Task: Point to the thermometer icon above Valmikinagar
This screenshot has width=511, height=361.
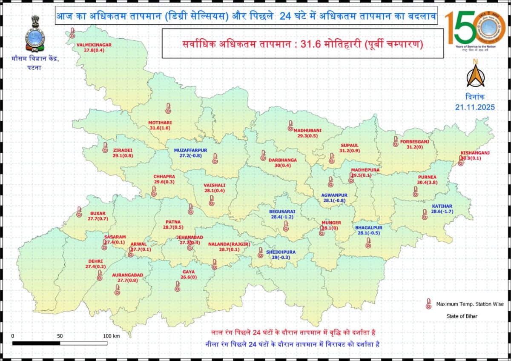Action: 72,33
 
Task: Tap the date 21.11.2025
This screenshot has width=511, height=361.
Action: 475,107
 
